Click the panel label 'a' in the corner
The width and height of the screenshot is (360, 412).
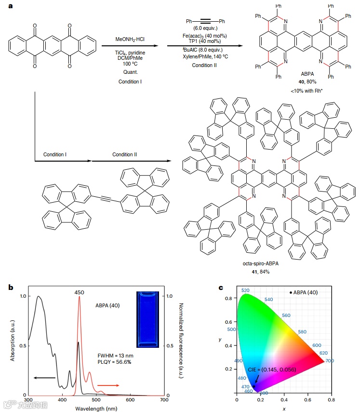tap(11, 6)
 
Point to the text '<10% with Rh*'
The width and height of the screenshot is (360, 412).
tap(307, 91)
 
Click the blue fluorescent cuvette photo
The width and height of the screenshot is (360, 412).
tap(147, 318)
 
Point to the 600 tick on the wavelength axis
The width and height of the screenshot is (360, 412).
tap(130, 400)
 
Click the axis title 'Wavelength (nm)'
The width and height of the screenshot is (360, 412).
tap(96, 408)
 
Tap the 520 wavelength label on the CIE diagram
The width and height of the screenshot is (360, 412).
tap(245, 290)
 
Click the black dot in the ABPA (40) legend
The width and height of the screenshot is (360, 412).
tap(291, 292)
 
